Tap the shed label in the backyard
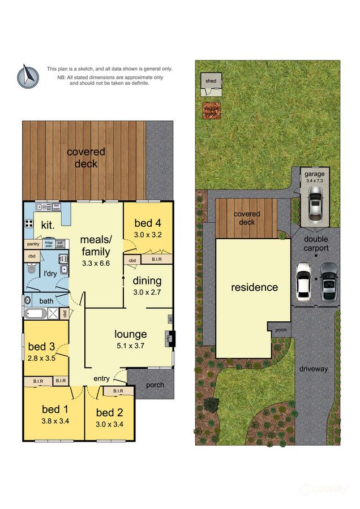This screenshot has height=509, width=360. (x=211, y=81)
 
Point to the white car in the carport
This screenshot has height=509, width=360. (x=304, y=282)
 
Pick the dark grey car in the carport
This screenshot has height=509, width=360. (x=328, y=282)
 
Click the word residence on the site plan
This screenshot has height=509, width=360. (x=254, y=287)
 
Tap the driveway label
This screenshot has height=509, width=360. (x=314, y=369)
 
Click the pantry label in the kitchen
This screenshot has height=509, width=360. (x=32, y=244)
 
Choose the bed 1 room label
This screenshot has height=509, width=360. (x=55, y=409)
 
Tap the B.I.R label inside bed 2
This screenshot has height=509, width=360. (x=118, y=391)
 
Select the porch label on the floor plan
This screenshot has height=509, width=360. (x=155, y=385)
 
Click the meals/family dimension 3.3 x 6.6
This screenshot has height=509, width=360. (x=95, y=263)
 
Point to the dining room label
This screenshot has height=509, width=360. (x=147, y=281)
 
